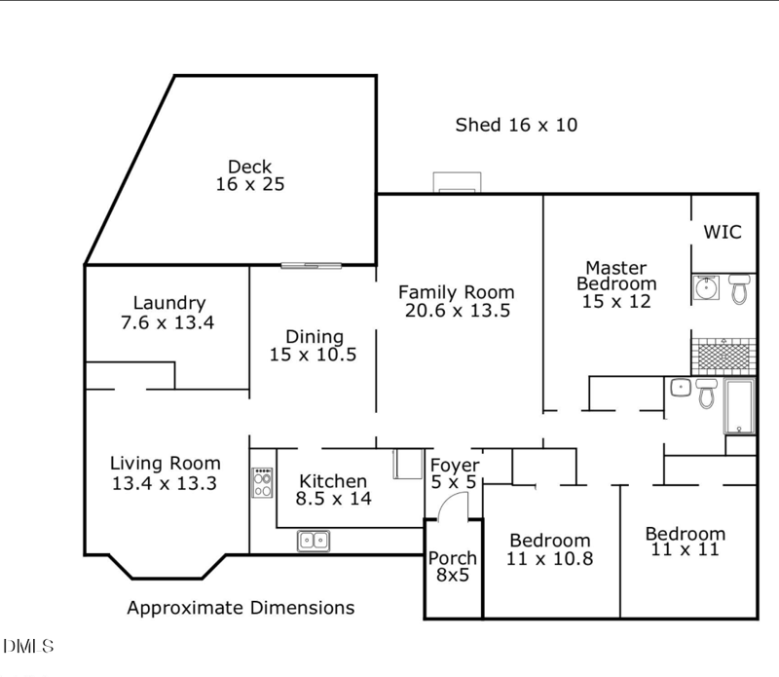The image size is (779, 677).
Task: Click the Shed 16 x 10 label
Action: pos(516,125)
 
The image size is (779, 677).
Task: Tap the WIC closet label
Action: pos(723,232)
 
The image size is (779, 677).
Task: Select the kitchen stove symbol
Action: pos(263,482)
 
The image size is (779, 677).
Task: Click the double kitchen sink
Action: pos(313,540)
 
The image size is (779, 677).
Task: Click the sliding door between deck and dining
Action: pos(312,265)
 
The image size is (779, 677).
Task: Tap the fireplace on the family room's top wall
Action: pos(457,183)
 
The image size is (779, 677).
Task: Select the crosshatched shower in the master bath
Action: pos(723,356)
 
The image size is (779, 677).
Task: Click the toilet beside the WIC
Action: pos(739,288)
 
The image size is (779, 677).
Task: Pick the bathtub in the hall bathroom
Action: pos(739,406)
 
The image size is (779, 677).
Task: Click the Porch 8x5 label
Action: pos(453,567)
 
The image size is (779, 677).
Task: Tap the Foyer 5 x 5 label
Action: pos(454,473)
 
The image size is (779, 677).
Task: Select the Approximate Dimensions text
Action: pos(241,608)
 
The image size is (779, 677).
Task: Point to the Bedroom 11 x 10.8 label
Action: pos(550,549)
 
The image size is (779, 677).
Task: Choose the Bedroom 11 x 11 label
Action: pos(686,542)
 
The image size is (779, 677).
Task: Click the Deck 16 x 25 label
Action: pos(249,175)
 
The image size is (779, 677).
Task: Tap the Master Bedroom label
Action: pos(616,276)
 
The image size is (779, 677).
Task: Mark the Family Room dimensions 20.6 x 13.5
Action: pos(458,311)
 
